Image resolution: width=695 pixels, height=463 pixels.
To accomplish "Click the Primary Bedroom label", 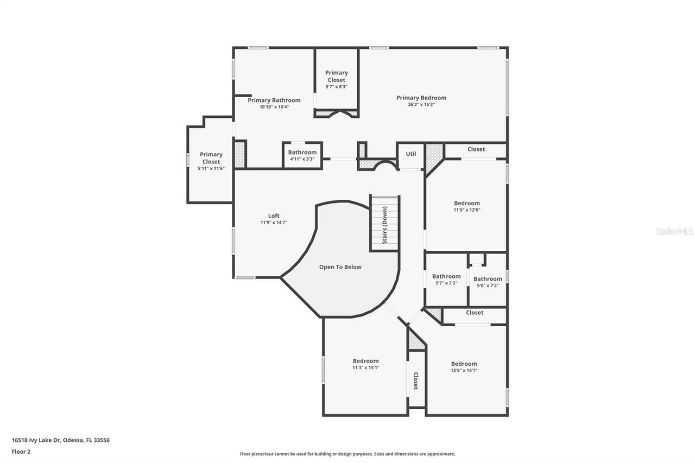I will [421, 98].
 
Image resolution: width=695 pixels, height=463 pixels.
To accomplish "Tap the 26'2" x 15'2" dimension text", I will [421, 105].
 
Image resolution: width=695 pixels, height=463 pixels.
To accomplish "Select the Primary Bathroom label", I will [274, 100].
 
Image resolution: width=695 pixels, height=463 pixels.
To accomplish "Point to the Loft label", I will [274, 216].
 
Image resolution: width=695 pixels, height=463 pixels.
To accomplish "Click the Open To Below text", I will [340, 267].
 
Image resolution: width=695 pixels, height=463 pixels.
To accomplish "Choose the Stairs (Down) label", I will [384, 225].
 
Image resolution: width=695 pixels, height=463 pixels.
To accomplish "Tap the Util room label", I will [411, 154].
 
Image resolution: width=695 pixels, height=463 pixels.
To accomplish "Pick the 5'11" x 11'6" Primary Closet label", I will [211, 158].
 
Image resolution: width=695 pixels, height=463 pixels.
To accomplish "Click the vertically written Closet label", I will [416, 380].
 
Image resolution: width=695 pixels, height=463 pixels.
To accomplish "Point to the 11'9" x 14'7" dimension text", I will [274, 223].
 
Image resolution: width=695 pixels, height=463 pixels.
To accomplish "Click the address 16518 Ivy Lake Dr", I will [60, 440].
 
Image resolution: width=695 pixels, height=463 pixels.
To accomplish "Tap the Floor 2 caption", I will [21, 451].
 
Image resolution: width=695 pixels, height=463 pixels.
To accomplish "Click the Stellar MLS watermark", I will [674, 231].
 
